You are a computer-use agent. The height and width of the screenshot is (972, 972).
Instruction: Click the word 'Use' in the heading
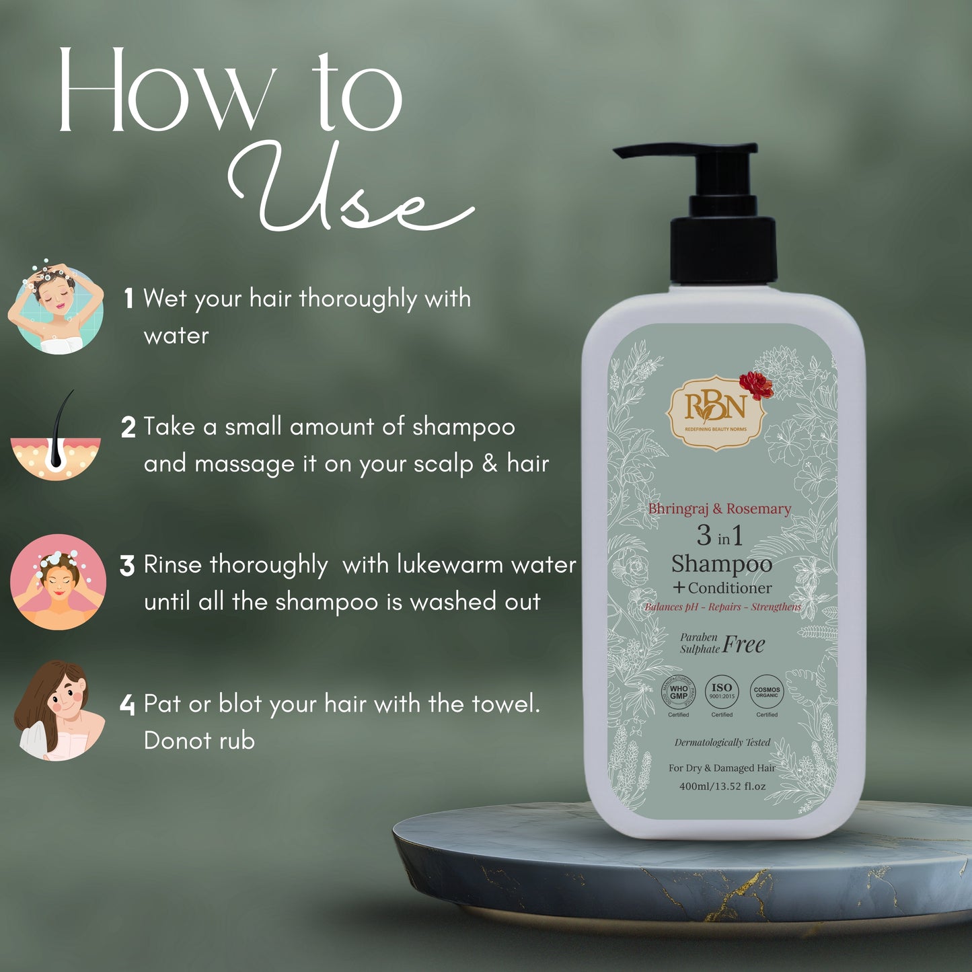[x=350, y=192]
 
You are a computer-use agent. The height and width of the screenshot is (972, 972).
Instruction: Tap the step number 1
[x=128, y=299]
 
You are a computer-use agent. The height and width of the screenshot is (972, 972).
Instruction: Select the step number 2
[x=128, y=428]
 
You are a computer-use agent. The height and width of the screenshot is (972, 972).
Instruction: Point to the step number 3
[x=127, y=566]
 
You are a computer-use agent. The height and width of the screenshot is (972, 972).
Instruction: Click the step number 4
[x=127, y=705]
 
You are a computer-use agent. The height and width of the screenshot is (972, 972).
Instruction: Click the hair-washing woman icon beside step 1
[x=57, y=307]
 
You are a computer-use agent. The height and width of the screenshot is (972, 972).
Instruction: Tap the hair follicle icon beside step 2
[x=55, y=441]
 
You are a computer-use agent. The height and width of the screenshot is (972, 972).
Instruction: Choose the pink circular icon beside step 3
[x=58, y=582]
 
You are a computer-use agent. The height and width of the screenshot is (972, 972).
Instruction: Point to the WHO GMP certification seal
[x=679, y=692]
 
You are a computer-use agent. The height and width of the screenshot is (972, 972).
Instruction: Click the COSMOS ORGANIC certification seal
[x=767, y=692]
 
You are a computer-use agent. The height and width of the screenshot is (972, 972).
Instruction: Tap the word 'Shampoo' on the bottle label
[x=721, y=564]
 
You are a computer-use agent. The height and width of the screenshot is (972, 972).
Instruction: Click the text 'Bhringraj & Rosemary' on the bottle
[x=719, y=509]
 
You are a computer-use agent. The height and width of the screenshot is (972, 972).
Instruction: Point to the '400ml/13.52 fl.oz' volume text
[x=722, y=786]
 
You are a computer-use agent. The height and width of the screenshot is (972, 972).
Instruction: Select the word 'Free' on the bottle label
[x=744, y=645]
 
